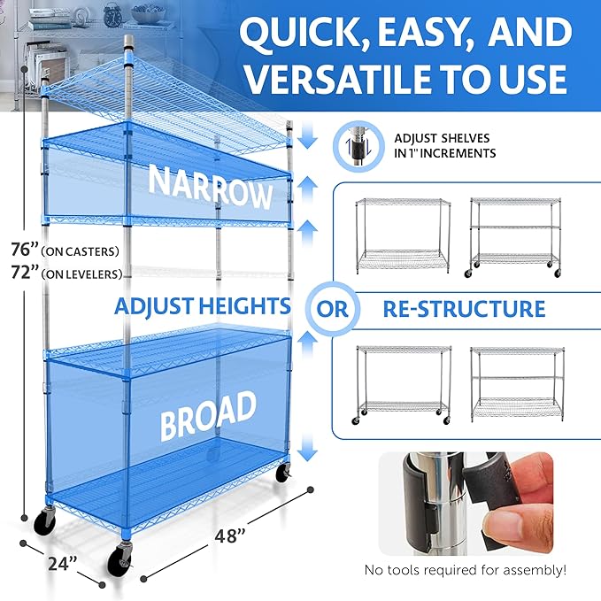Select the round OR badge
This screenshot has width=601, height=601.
click(x=334, y=310)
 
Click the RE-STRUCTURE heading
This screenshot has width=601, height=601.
click(x=463, y=309)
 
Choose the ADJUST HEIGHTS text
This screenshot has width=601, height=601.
click(x=202, y=307)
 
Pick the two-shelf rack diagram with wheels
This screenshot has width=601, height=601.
click(x=404, y=381)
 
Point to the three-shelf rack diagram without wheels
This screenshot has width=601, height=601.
click(x=515, y=381)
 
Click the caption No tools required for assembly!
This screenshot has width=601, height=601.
click(x=466, y=569)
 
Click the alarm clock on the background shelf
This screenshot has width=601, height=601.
click(x=112, y=14)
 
